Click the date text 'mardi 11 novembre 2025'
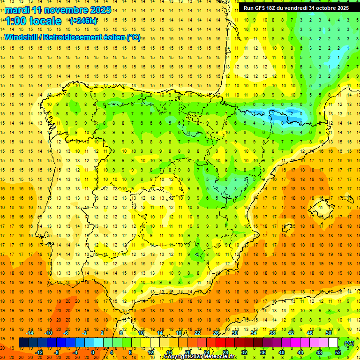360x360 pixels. coord(58,9)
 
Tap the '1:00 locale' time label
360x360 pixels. coord(34,21)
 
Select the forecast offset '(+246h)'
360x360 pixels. coord(83,21)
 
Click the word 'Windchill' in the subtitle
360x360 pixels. coord(21,37)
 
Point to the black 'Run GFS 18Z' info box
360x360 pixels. coord(296,7)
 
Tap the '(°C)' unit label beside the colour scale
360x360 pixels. coord(349,343)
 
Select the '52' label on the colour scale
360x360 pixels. coord(338,352)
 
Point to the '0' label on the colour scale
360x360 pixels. coord(92,352)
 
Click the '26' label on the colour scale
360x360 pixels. coord(216,333)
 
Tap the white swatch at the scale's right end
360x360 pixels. coord(333,343)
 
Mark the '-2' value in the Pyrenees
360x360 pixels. coord(292,113)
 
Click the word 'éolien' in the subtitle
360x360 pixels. coord(112,37)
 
